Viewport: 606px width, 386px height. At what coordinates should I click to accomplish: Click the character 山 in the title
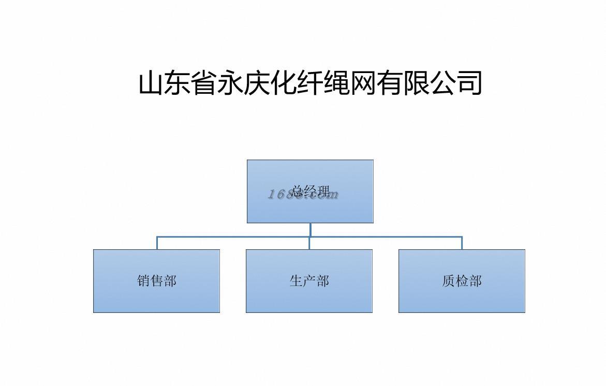[151, 83]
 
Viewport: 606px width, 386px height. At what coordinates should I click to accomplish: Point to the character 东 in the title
[178, 83]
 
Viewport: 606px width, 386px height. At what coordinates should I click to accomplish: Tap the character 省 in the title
[204, 83]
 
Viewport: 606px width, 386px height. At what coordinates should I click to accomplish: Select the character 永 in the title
[230, 83]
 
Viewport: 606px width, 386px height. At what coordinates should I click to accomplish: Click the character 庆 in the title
[257, 83]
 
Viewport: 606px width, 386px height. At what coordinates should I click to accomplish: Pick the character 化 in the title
[284, 83]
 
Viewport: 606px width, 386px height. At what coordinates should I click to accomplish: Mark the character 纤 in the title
[310, 83]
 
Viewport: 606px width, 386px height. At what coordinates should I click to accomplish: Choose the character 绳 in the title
[336, 83]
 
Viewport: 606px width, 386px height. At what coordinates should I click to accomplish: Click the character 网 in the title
[363, 83]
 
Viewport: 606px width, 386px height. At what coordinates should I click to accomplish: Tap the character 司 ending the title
[469, 83]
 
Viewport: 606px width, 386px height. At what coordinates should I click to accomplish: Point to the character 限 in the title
[416, 83]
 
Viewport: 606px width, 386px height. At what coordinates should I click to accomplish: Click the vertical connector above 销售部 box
[157, 243]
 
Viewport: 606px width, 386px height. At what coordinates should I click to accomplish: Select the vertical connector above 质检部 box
[462, 243]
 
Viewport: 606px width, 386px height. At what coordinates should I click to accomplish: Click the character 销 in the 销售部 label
[143, 281]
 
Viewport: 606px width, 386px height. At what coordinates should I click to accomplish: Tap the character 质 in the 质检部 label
[449, 281]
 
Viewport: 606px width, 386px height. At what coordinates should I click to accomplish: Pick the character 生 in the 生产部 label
[296, 281]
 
